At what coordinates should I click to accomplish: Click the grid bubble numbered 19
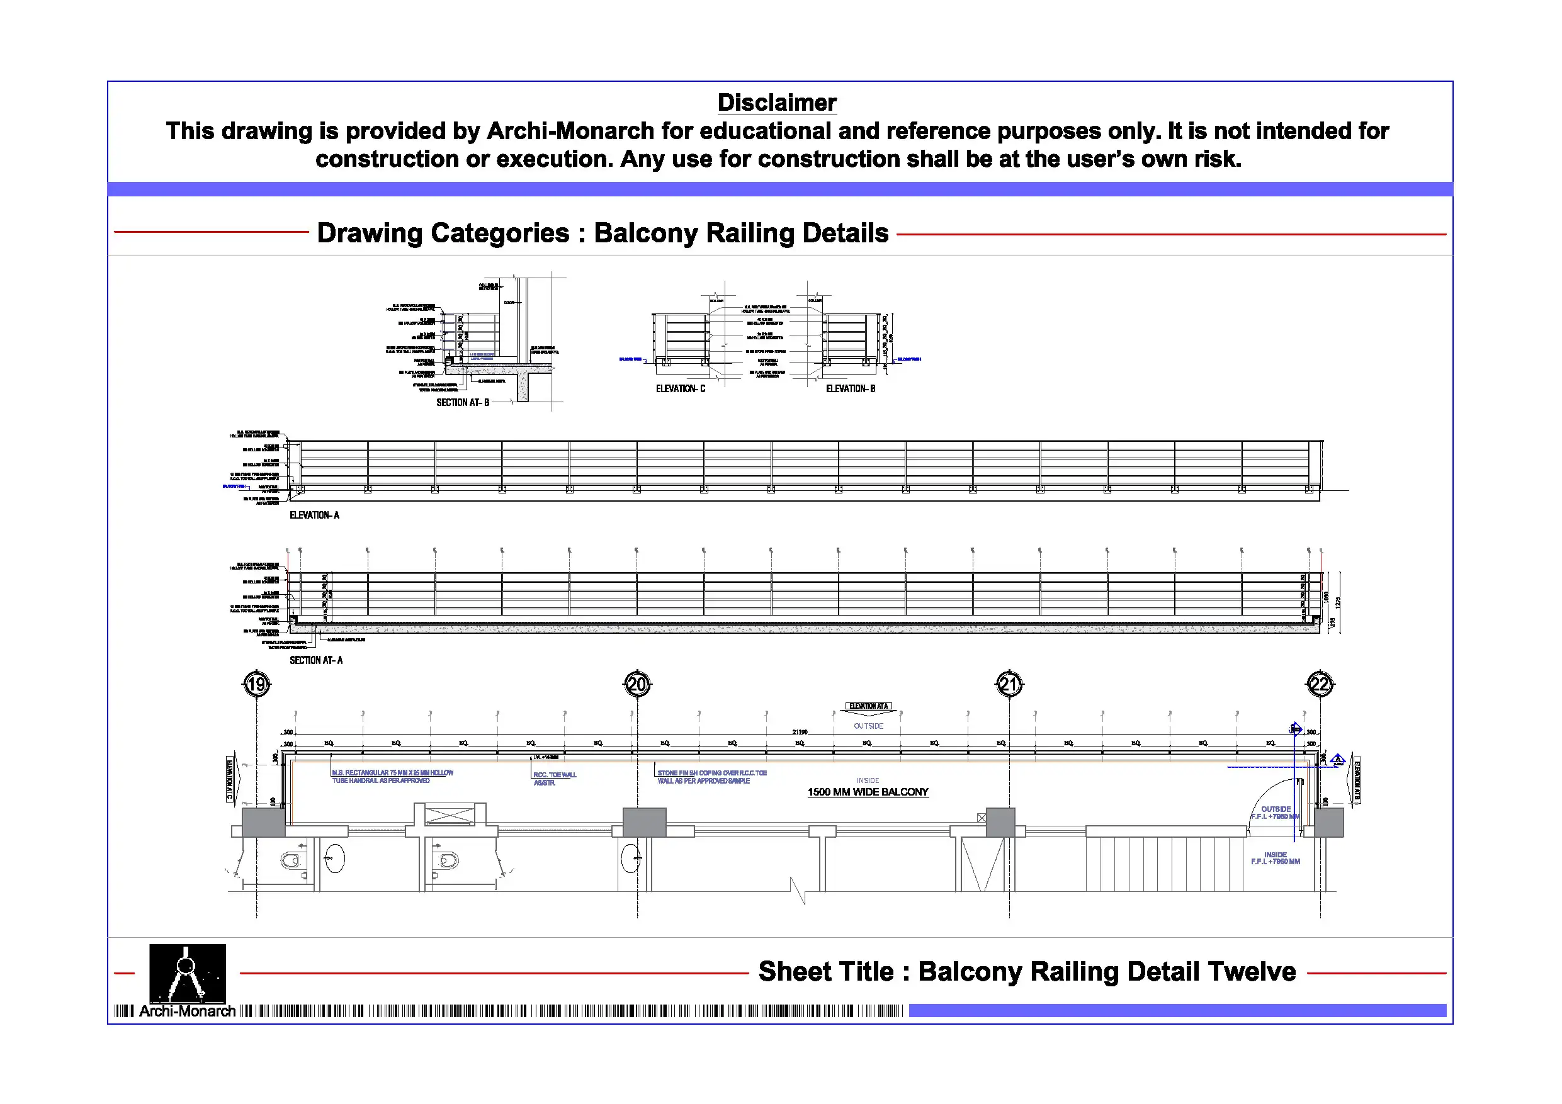coord(256,684)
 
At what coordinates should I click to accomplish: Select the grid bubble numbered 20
coord(637,684)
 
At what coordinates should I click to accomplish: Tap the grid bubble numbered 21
coord(1009,684)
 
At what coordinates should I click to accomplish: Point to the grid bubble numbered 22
coord(1320,684)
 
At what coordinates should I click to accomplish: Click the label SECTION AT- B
coord(463,403)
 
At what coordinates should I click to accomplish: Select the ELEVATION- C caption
coord(681,389)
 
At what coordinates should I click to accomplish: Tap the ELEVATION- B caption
coord(851,389)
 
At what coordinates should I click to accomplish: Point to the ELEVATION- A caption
coord(314,515)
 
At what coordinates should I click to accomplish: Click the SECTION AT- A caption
coord(316,660)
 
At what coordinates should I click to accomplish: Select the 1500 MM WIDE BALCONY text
coord(868,792)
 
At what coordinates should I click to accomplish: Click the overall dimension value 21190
coord(800,732)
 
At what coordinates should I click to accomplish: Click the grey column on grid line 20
coord(644,823)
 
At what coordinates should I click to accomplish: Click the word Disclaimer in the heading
coord(777,103)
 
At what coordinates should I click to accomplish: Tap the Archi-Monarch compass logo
coord(187,974)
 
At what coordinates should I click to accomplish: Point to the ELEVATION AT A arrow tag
coord(869,707)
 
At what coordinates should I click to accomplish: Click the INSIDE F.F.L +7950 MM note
coord(1275,859)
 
